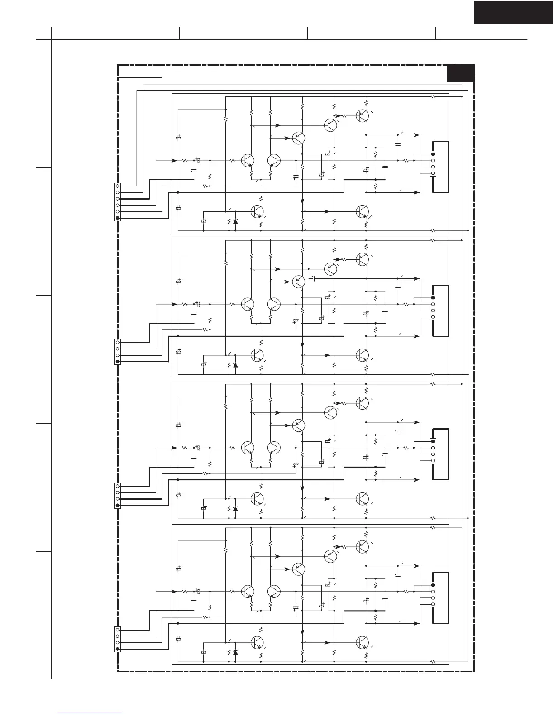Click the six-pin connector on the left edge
[x=118, y=202]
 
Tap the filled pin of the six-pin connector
[x=118, y=218]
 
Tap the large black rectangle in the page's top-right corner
[x=513, y=12]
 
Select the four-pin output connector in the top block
[x=433, y=164]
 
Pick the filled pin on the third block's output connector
[x=433, y=441]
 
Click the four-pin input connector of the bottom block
[x=118, y=639]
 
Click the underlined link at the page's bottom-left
[x=90, y=713]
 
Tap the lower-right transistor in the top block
[x=362, y=211]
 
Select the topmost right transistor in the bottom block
[x=362, y=546]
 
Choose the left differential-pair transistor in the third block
[x=248, y=448]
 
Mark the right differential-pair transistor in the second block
[x=274, y=304]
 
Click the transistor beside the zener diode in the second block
[x=257, y=354]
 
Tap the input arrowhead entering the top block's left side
[x=174, y=160]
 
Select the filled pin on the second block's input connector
[x=118, y=362]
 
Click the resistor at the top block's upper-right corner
[x=433, y=96]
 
